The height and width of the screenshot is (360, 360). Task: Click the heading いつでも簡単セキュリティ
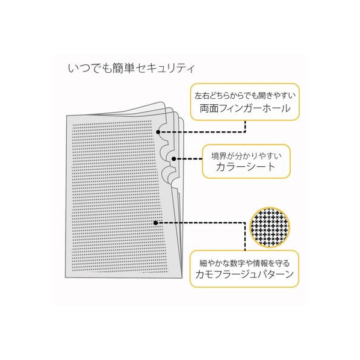131,68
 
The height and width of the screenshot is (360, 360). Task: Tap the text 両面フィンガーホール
245,108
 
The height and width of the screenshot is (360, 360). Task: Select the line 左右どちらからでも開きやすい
245,96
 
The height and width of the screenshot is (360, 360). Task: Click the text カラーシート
246,167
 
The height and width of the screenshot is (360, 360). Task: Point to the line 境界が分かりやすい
246,156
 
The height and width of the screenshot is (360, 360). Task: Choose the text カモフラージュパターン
244,274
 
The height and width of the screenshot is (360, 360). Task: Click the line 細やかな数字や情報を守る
244,263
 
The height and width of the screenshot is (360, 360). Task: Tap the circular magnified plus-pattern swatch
270,227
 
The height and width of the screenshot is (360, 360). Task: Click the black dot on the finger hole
158,132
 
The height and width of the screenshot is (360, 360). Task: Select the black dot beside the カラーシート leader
174,159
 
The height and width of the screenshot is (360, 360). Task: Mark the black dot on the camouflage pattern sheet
156,223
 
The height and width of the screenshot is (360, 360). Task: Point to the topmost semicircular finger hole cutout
163,131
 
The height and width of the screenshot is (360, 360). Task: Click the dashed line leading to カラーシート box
189,159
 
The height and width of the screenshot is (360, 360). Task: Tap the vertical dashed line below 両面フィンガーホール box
245,126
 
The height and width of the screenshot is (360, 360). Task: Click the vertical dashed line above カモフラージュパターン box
245,237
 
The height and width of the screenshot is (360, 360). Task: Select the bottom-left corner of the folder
66,278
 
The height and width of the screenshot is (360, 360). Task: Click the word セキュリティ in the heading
165,68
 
